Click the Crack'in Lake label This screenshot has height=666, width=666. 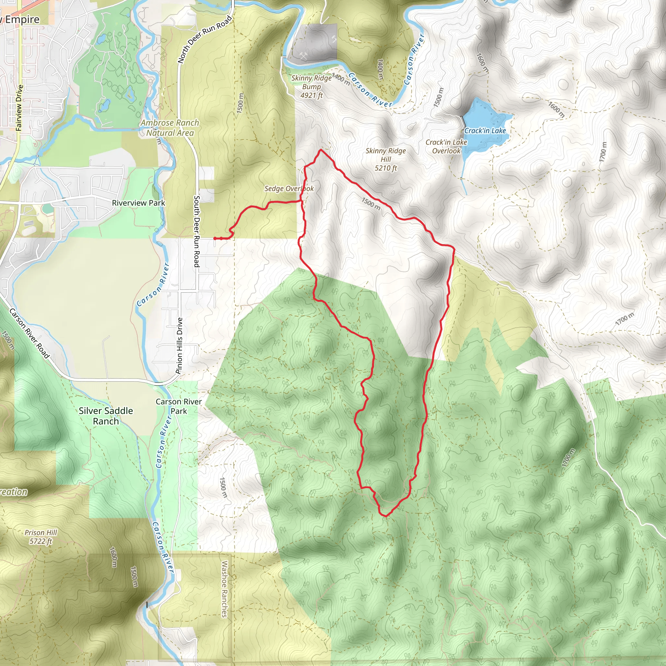click(x=485, y=131)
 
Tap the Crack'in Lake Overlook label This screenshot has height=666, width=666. click(x=446, y=147)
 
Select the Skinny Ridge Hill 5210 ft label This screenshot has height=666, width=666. click(x=386, y=159)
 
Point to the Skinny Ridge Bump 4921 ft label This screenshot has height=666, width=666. click(x=311, y=87)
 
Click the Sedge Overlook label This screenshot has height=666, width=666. click(x=289, y=189)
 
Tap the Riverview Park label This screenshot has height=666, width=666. click(x=138, y=203)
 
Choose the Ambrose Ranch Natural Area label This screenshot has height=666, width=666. click(x=170, y=127)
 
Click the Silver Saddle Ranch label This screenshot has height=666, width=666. click(x=106, y=416)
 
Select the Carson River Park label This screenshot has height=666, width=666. click(x=179, y=406)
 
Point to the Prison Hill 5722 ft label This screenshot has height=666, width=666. click(x=41, y=537)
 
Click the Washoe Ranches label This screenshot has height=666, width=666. click(x=224, y=589)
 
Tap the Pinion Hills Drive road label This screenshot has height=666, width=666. click(x=179, y=345)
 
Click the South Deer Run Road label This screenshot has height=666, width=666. click(x=196, y=231)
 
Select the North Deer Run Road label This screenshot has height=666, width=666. click(x=205, y=40)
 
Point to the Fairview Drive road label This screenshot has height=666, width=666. click(x=19, y=108)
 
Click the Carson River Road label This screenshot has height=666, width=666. click(x=29, y=333)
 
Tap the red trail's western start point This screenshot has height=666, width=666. click(x=215, y=238)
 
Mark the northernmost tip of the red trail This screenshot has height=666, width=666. click(x=321, y=150)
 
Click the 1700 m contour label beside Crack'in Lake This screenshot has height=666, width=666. click(x=603, y=152)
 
